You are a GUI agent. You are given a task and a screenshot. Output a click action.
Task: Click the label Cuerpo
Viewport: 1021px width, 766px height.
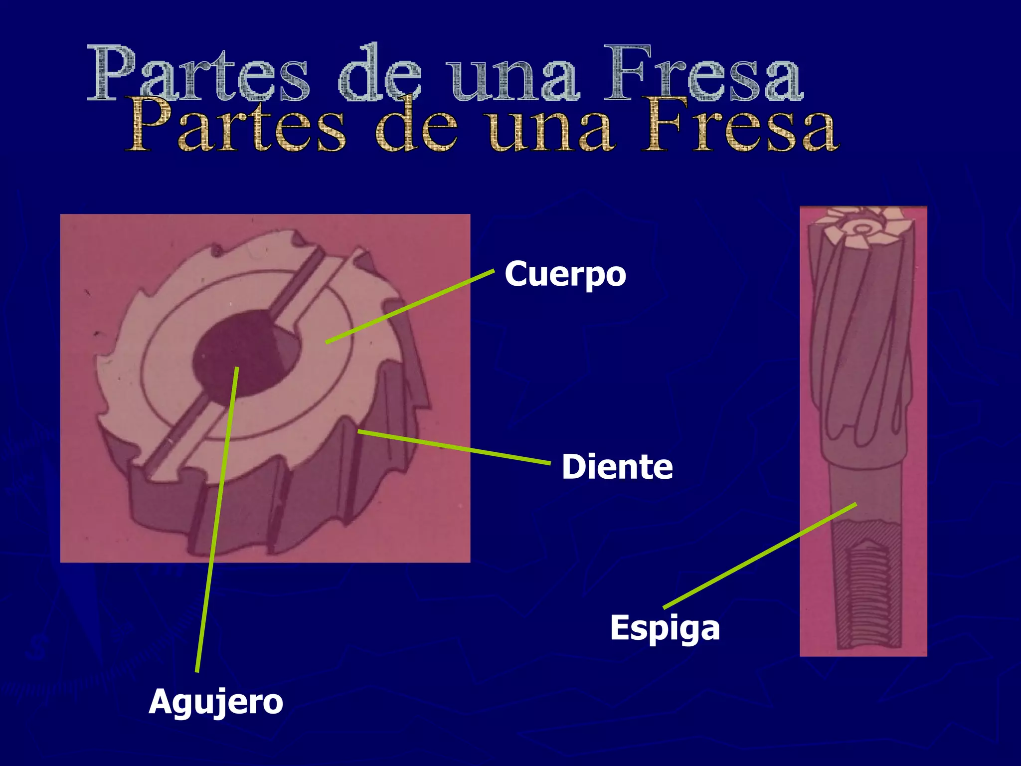pos(565,275)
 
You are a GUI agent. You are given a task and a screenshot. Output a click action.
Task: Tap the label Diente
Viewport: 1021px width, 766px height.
pos(617,467)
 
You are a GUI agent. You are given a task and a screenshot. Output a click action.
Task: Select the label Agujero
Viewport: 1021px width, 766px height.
pos(216,703)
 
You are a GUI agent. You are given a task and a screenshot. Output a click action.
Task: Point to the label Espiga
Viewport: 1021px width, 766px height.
pos(665,628)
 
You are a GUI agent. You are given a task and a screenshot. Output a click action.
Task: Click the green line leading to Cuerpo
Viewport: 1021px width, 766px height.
pos(409,306)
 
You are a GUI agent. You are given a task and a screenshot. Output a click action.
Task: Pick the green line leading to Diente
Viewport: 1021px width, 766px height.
pos(454,447)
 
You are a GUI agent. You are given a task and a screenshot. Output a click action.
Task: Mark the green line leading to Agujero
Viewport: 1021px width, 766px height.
pos(217,519)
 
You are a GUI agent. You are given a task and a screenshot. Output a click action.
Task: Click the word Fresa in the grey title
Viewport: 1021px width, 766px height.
pos(703,75)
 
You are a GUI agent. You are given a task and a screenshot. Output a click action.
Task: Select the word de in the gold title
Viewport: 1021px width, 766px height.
pos(417,127)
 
